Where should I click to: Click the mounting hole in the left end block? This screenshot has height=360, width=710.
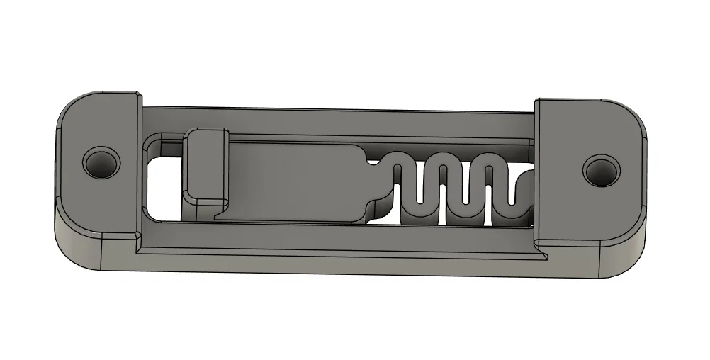[x=100, y=163]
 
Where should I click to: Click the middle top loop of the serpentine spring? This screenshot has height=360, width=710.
[x=444, y=160]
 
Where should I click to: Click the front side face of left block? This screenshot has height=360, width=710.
[x=92, y=248]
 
